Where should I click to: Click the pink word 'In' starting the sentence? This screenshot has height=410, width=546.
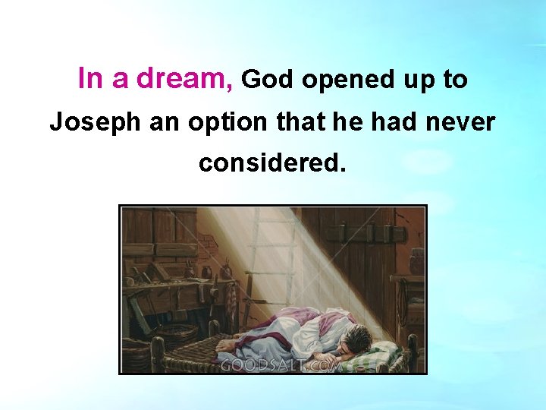[x=90, y=79]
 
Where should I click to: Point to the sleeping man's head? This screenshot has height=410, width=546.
[x=356, y=339]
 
